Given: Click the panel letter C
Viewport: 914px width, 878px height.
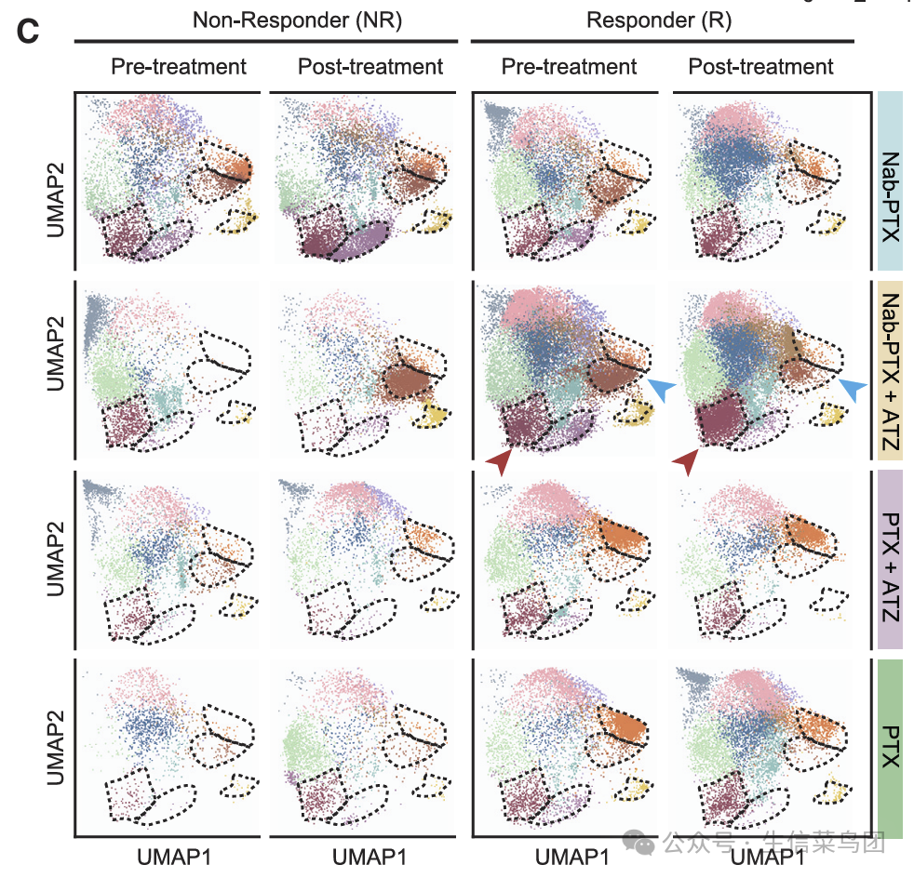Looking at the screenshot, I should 28,31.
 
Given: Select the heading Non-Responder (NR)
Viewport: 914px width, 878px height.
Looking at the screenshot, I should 297,20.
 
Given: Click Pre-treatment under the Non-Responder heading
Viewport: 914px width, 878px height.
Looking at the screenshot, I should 178,67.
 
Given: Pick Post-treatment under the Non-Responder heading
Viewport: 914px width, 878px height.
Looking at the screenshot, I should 370,67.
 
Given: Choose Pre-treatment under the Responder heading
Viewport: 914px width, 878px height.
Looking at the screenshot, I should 569,67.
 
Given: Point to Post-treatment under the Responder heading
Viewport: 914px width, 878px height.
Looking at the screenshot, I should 760,67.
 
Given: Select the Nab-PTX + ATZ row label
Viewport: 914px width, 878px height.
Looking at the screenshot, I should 891,371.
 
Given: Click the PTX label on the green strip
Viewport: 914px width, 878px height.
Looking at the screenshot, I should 891,747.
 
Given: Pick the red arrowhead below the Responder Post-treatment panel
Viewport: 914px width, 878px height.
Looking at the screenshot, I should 686,459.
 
